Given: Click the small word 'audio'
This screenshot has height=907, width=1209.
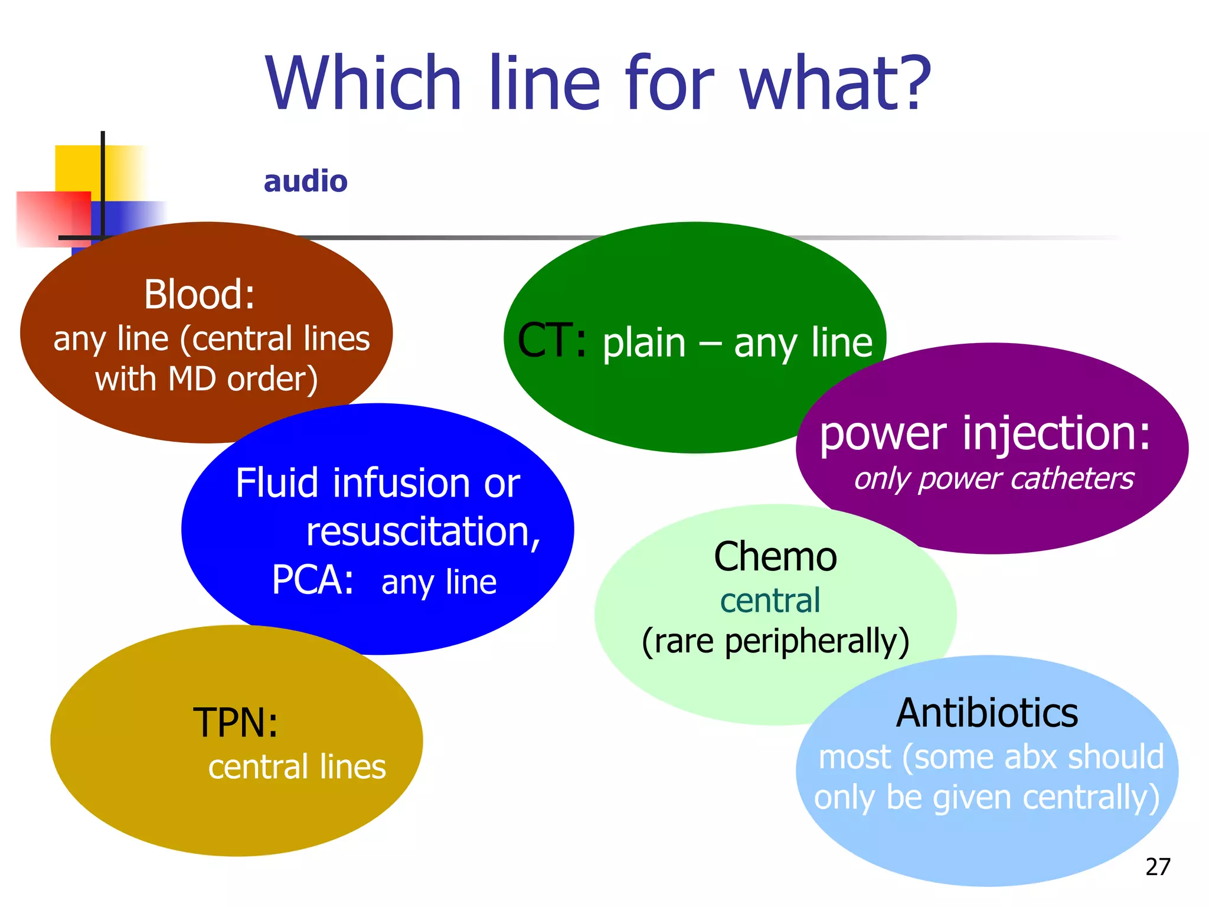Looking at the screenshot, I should pos(305,181).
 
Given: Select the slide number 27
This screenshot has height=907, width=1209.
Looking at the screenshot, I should pos(1157,867).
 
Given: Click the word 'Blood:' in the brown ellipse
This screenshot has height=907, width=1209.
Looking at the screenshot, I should pos(200,294).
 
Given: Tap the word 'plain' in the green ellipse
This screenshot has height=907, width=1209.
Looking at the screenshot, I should pos(643,344).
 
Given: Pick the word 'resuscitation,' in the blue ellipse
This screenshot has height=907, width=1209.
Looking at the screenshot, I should pos(423,532).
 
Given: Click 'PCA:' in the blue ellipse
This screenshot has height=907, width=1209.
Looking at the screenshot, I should pos(312,580).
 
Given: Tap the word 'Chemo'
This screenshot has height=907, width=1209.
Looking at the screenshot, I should pos(775,557).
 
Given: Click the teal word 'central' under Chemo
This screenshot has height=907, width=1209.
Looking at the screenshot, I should pos(770,601).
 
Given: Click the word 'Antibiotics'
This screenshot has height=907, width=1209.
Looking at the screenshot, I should pos(986,713).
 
